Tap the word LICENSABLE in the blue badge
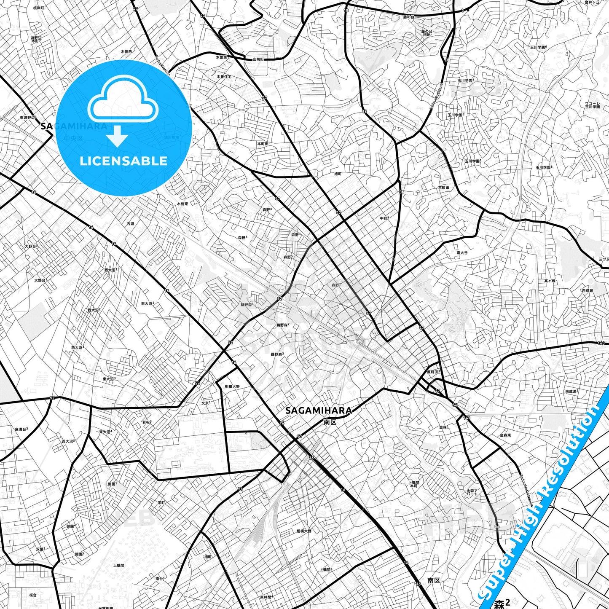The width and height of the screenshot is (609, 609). (123, 161)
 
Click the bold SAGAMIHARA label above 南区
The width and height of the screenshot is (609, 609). (319, 410)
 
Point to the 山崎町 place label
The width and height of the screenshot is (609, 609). (258, 59)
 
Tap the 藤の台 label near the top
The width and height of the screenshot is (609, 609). (408, 17)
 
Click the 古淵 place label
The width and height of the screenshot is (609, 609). (130, 224)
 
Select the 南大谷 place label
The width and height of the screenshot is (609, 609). (462, 253)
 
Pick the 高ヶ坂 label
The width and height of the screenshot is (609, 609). (550, 281)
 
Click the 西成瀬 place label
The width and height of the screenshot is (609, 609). (588, 291)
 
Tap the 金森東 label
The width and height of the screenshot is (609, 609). (505, 435)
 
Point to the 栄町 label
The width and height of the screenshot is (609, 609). (161, 502)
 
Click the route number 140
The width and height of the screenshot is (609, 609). (601, 343)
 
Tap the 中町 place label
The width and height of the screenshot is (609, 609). (384, 218)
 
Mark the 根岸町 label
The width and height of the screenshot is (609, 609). (38, 8)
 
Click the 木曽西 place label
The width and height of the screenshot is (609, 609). (126, 51)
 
